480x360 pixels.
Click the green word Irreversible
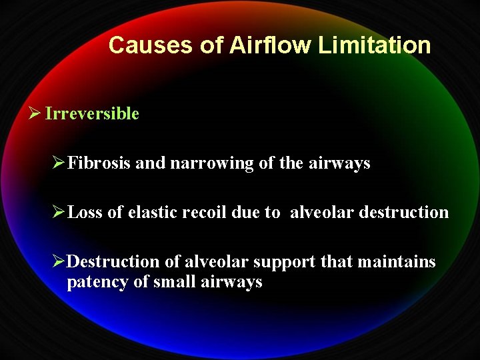pos(92,113)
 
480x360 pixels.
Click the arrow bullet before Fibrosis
pos(59,163)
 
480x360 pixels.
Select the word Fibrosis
pos(99,163)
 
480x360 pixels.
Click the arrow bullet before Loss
pos(59,212)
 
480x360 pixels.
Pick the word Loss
pos(85,212)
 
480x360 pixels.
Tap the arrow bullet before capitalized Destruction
pos(59,261)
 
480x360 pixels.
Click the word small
pos(175,282)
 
